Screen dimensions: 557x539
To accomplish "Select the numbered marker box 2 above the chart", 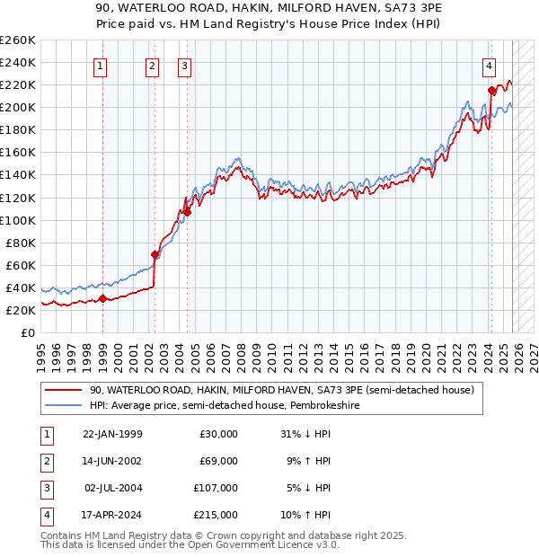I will click(x=153, y=65).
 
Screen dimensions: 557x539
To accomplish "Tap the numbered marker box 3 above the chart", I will click(x=184, y=65).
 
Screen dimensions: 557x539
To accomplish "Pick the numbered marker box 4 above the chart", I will click(x=489, y=65).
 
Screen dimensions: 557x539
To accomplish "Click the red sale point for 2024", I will click(x=491, y=90).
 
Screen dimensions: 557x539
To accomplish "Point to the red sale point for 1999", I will click(x=102, y=298).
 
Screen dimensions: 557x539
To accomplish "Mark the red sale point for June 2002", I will click(x=155, y=254).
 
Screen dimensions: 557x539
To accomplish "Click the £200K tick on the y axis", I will click(x=17, y=107).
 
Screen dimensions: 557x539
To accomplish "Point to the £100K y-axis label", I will click(x=17, y=220).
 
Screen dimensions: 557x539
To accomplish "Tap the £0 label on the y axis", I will click(x=28, y=332).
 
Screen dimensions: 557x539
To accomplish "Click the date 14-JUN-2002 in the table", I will click(x=112, y=461).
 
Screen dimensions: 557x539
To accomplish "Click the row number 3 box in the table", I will click(x=46, y=488).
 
